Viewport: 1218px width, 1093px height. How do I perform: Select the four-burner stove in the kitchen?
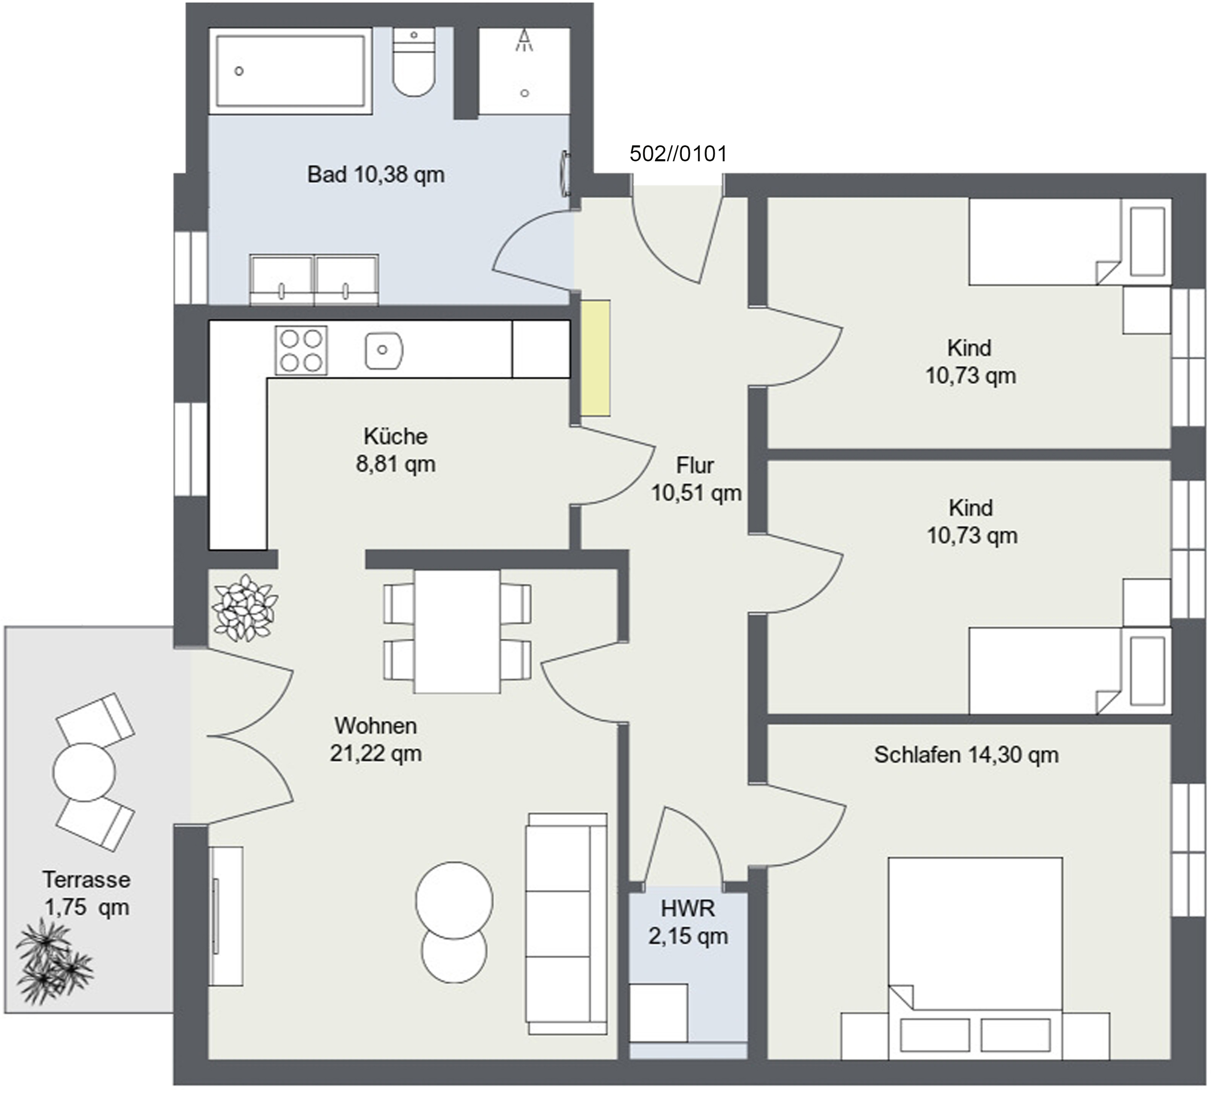[x=301, y=350]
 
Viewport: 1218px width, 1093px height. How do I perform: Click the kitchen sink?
[x=384, y=349]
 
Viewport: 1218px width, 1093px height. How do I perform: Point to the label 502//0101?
[x=678, y=154]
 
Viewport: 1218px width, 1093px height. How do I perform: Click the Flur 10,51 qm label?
[x=696, y=478]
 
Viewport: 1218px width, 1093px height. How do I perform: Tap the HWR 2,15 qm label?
[x=688, y=922]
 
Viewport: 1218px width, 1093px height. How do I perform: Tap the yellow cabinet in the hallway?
[x=595, y=358]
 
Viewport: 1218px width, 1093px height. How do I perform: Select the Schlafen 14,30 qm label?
[x=966, y=755]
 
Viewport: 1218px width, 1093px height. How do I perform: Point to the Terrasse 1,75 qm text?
[x=87, y=893]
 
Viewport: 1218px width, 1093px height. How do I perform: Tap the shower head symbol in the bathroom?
[x=525, y=41]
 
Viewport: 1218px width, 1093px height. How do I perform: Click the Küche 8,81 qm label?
[x=396, y=450]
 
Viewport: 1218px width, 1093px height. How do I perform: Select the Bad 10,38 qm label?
[x=376, y=175]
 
